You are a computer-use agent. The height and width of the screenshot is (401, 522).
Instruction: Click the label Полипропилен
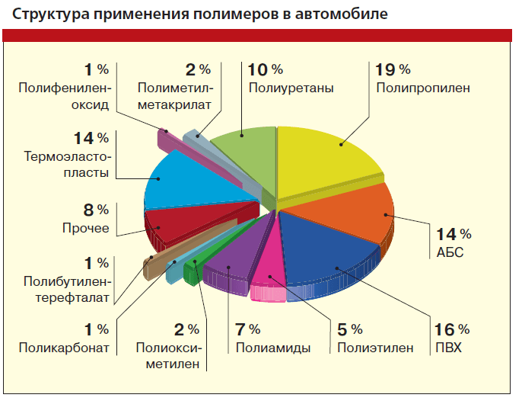click(x=422, y=88)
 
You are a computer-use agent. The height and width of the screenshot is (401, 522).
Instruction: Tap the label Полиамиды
click(x=272, y=348)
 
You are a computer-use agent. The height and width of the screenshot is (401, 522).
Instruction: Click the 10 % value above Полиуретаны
click(x=266, y=69)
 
